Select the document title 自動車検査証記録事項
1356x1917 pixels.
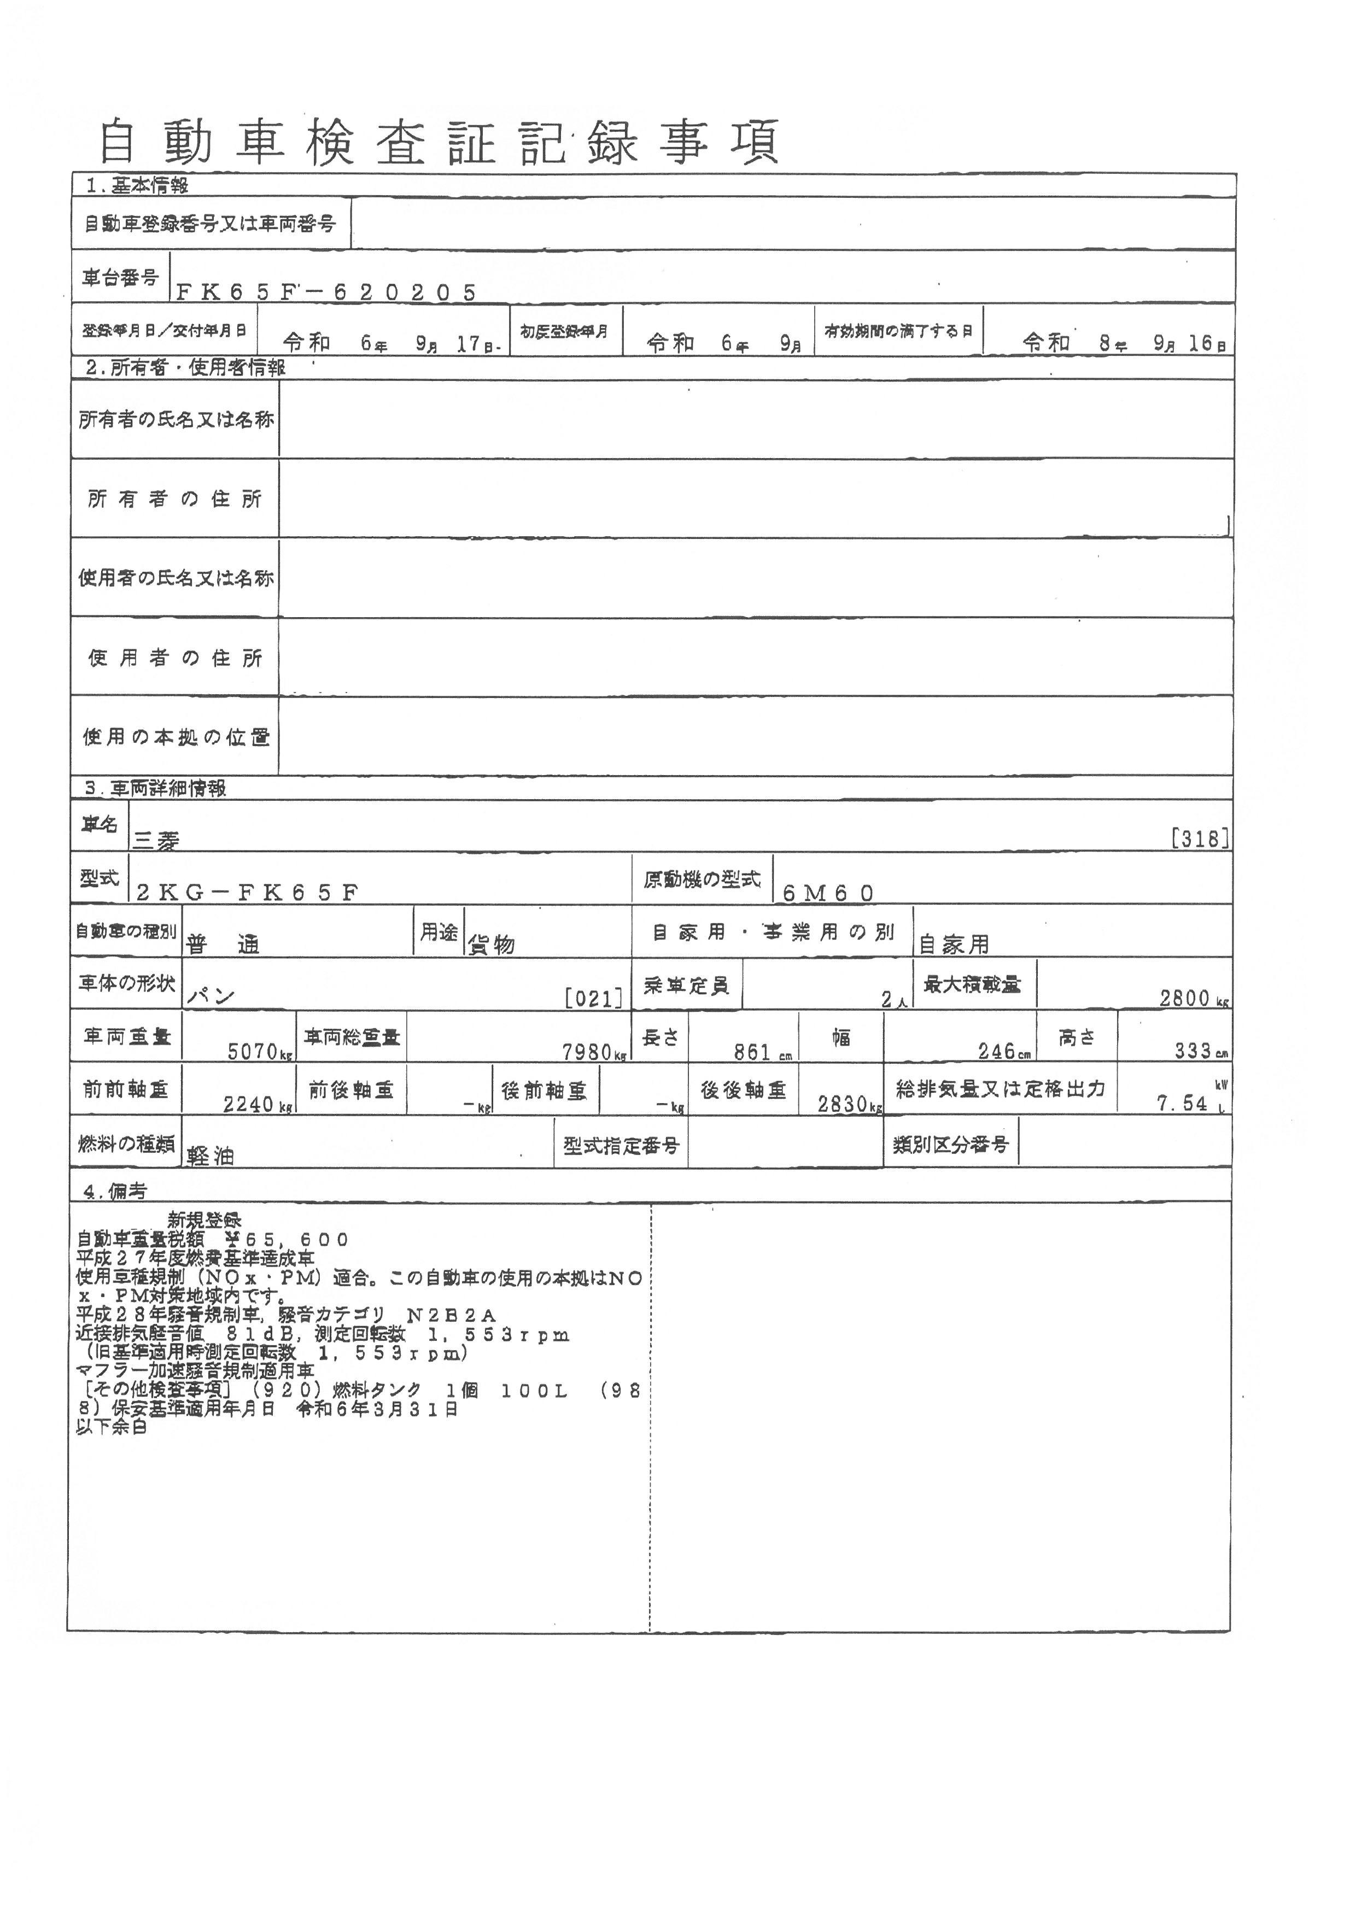[x=440, y=142]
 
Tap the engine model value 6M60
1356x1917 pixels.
[x=827, y=893]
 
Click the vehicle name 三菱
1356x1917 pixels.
[x=156, y=841]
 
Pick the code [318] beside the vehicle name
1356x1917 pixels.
[x=1200, y=839]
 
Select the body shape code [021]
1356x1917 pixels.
[x=594, y=998]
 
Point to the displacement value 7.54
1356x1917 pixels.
[x=1182, y=1104]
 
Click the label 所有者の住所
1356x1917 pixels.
[x=174, y=499]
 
